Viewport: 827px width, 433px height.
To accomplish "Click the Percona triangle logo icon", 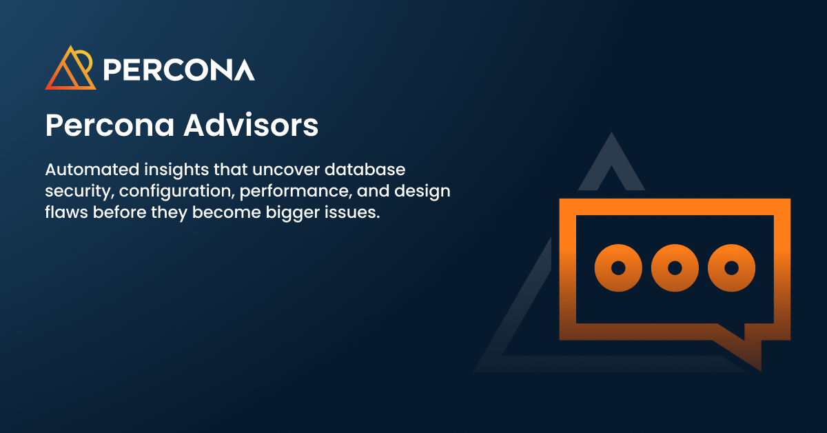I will (x=70, y=68).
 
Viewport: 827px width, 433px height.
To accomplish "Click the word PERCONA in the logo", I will (x=178, y=70).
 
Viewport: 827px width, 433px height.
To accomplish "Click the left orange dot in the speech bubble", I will (x=618, y=268).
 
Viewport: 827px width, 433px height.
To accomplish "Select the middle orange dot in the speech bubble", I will (x=675, y=268).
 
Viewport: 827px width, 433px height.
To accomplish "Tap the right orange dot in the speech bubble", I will (x=732, y=268).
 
